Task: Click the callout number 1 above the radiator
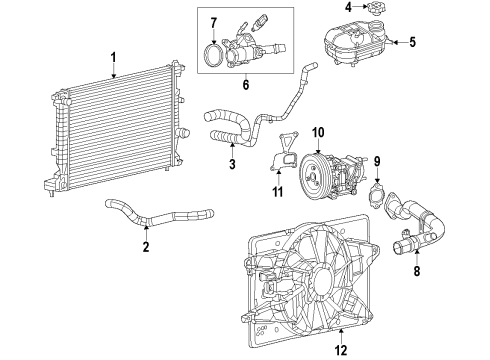pos(114,57)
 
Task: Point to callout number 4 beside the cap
pos(348,9)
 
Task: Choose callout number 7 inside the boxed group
pos(212,22)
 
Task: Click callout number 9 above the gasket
pos(377,161)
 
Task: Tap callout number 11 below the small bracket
pos(279,191)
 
